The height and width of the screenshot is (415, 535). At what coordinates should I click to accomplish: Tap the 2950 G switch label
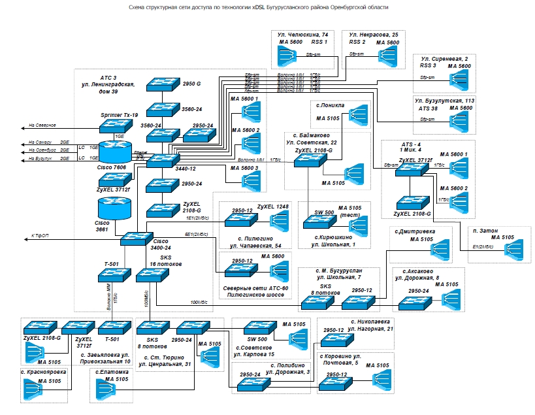click(x=192, y=84)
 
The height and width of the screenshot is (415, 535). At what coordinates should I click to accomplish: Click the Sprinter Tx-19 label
click(x=119, y=115)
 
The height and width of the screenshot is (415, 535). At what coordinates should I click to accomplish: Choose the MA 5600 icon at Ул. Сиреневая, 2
click(x=459, y=79)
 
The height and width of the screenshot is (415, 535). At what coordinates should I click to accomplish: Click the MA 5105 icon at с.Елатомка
click(x=106, y=390)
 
